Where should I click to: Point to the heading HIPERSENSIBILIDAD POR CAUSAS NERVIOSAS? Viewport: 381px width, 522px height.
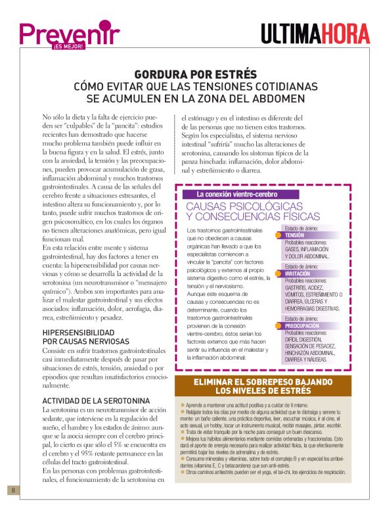86,337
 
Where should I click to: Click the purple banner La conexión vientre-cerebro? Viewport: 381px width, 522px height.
237,194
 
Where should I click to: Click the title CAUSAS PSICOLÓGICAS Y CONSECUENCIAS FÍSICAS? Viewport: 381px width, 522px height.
253,211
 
